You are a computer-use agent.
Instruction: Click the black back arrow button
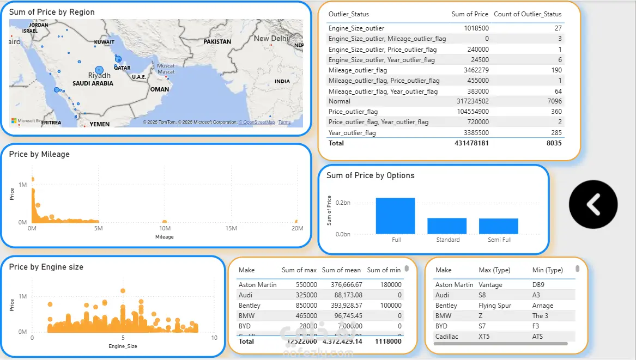pyautogui.click(x=593, y=204)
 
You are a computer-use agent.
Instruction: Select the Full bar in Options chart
pyautogui.click(x=395, y=216)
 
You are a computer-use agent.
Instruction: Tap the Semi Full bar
pyautogui.click(x=498, y=225)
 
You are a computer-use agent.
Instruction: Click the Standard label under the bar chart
pyautogui.click(x=447, y=240)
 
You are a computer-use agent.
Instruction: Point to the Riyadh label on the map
pyautogui.click(x=99, y=76)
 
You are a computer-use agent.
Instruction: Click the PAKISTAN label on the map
pyautogui.click(x=217, y=41)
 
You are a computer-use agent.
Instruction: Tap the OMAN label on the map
pyautogui.click(x=160, y=89)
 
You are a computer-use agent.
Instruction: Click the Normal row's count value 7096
pyautogui.click(x=552, y=101)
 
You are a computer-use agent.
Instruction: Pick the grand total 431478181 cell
pyautogui.click(x=471, y=143)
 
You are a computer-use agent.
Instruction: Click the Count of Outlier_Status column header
pyautogui.click(x=528, y=14)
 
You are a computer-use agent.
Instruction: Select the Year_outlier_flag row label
pyautogui.click(x=352, y=133)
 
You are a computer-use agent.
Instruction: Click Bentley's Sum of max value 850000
pyautogui.click(x=305, y=306)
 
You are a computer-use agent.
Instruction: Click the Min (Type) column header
pyautogui.click(x=547, y=270)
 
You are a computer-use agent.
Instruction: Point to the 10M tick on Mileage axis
pyautogui.click(x=164, y=228)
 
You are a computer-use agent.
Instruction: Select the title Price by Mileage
pyautogui.click(x=39, y=154)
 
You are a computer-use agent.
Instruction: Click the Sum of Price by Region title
pyautogui.click(x=52, y=12)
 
